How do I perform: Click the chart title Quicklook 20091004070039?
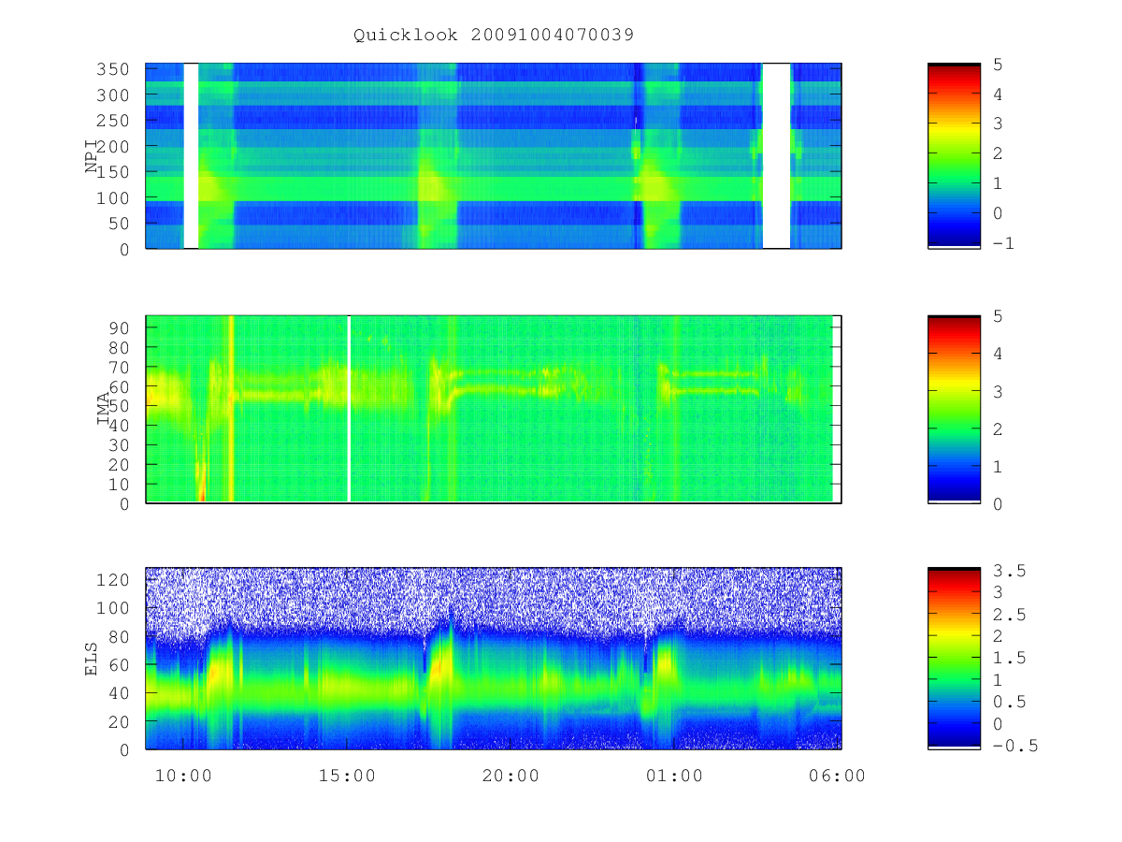[x=494, y=35]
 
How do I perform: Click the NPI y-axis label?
[x=92, y=155]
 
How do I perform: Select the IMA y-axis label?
[x=103, y=408]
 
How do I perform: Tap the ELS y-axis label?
[x=91, y=659]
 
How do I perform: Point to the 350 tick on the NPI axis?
[x=112, y=69]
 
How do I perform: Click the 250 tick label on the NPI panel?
[x=112, y=121]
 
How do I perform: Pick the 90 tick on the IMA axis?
[x=119, y=327]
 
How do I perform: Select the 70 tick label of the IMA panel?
[x=119, y=367]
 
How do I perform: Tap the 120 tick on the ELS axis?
[x=112, y=580]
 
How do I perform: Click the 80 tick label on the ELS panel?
[x=119, y=637]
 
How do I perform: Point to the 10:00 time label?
[x=183, y=776]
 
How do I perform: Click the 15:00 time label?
[x=347, y=776]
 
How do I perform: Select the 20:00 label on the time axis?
[x=511, y=776]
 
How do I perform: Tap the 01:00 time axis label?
[x=674, y=776]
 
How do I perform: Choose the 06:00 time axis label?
[x=837, y=776]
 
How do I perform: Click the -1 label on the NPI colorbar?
[x=1003, y=243]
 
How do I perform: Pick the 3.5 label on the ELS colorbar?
[x=1009, y=571]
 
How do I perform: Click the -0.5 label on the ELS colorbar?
[x=1015, y=746]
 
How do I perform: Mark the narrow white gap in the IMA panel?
[x=349, y=409]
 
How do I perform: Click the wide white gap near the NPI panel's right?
[x=776, y=156]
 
